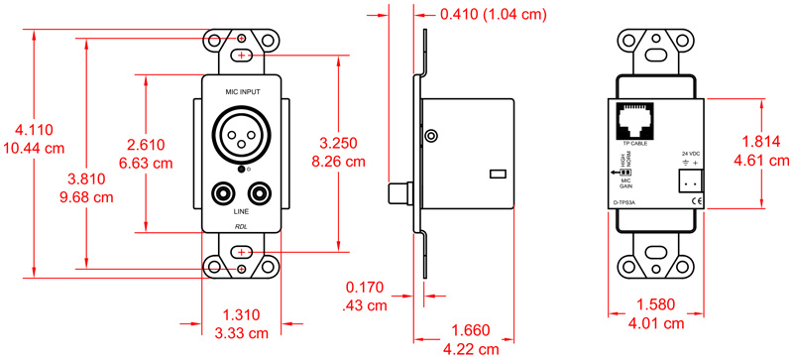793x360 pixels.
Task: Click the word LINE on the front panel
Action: click(241, 211)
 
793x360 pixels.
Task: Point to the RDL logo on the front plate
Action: click(241, 226)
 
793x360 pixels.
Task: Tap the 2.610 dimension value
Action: click(148, 143)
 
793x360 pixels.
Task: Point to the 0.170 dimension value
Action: click(364, 289)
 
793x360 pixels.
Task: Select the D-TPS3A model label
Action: click(625, 203)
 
